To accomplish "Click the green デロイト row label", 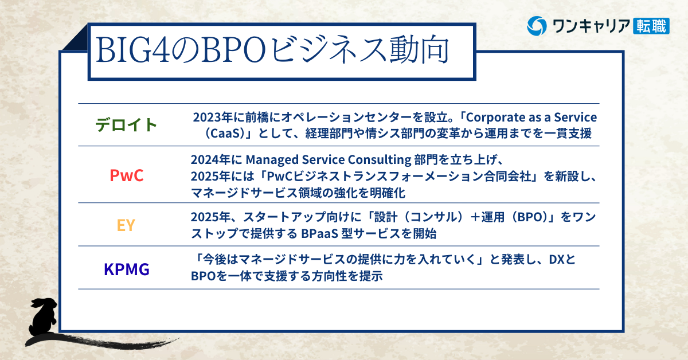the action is click(126, 125).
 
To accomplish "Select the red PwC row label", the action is click(127, 175).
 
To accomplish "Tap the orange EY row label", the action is click(126, 225).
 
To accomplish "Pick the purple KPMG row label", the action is click(127, 269).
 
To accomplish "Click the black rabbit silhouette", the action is click(42, 318).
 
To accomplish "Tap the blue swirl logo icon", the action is click(537, 26).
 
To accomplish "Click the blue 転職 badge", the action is click(651, 26).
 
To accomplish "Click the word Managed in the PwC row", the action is click(272, 160).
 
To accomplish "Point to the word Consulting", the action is click(380, 160).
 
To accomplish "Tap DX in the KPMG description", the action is click(557, 260).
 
